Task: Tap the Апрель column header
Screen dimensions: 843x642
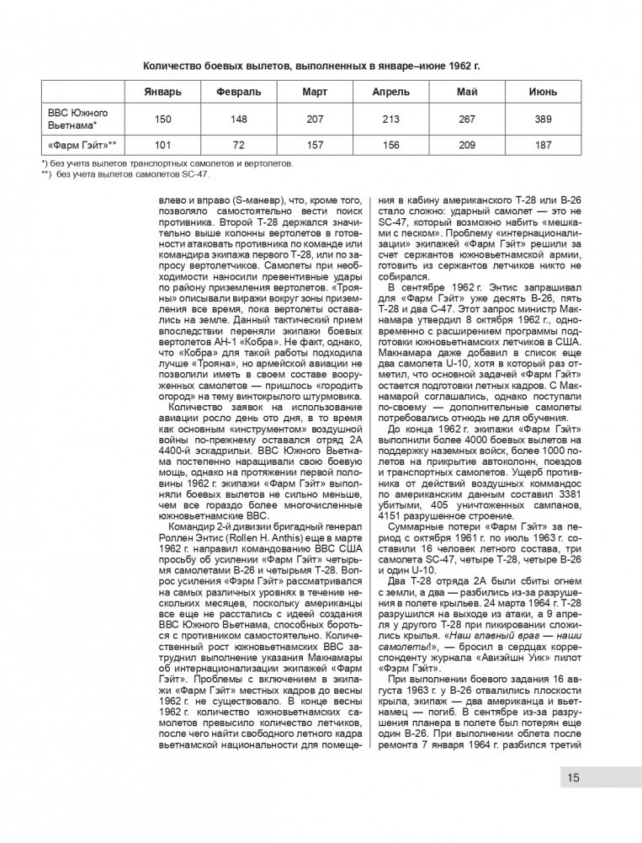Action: coord(390,91)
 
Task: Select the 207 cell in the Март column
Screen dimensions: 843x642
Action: coord(315,119)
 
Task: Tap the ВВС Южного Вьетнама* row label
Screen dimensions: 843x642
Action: coord(72,119)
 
